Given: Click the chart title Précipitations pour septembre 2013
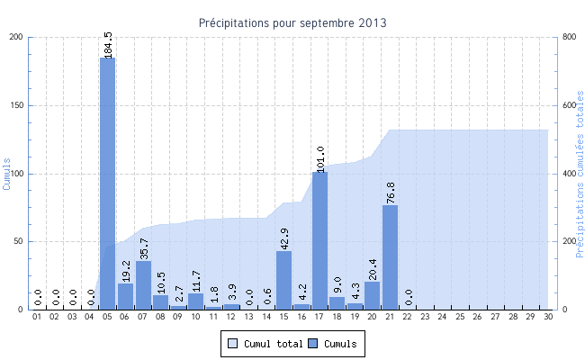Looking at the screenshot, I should click(x=293, y=22).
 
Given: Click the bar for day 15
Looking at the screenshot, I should click(x=284, y=280).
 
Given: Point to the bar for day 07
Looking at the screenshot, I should click(x=143, y=285).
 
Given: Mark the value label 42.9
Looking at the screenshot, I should click(x=284, y=238).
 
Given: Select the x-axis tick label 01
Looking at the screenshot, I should click(x=37, y=317).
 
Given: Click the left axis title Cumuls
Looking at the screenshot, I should click(x=7, y=172).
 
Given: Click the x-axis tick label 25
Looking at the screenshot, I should click(x=461, y=317).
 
